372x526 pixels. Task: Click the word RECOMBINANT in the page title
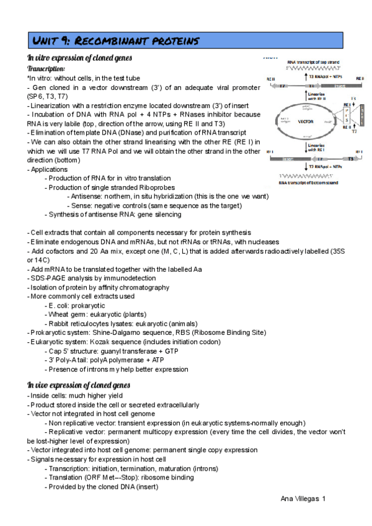[x=108, y=41]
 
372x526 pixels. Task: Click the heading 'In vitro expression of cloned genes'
[x=79, y=58]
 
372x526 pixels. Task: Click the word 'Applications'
[x=50, y=169]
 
